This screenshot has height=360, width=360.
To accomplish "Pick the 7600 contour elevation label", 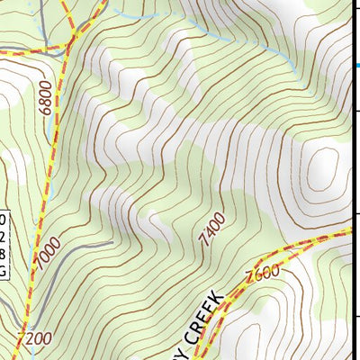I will [x=262, y=272].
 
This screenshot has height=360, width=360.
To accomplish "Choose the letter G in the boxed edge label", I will [x=3, y=270].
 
